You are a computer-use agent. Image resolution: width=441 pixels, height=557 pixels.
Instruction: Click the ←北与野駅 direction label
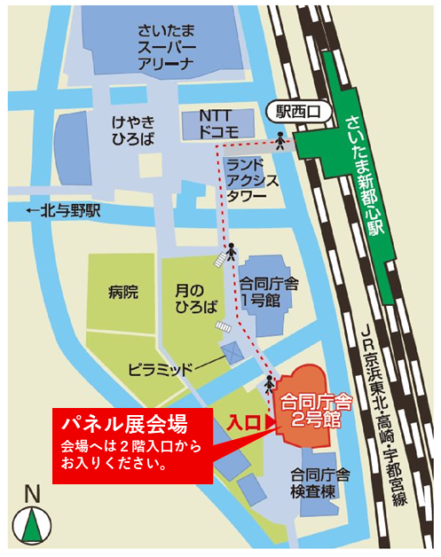62,212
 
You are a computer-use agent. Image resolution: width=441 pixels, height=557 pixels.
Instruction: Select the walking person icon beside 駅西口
280,138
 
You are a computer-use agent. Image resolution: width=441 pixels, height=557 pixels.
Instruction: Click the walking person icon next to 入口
268,383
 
